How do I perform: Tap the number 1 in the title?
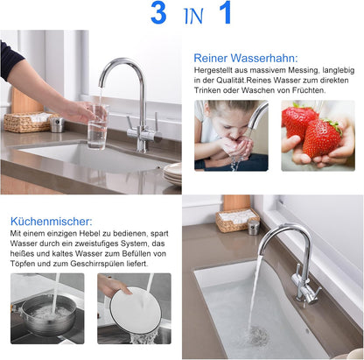225,14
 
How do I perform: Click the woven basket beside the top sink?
26,122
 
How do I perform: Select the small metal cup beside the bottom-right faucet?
253,226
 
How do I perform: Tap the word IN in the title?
192,17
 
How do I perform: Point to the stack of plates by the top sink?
172,172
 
